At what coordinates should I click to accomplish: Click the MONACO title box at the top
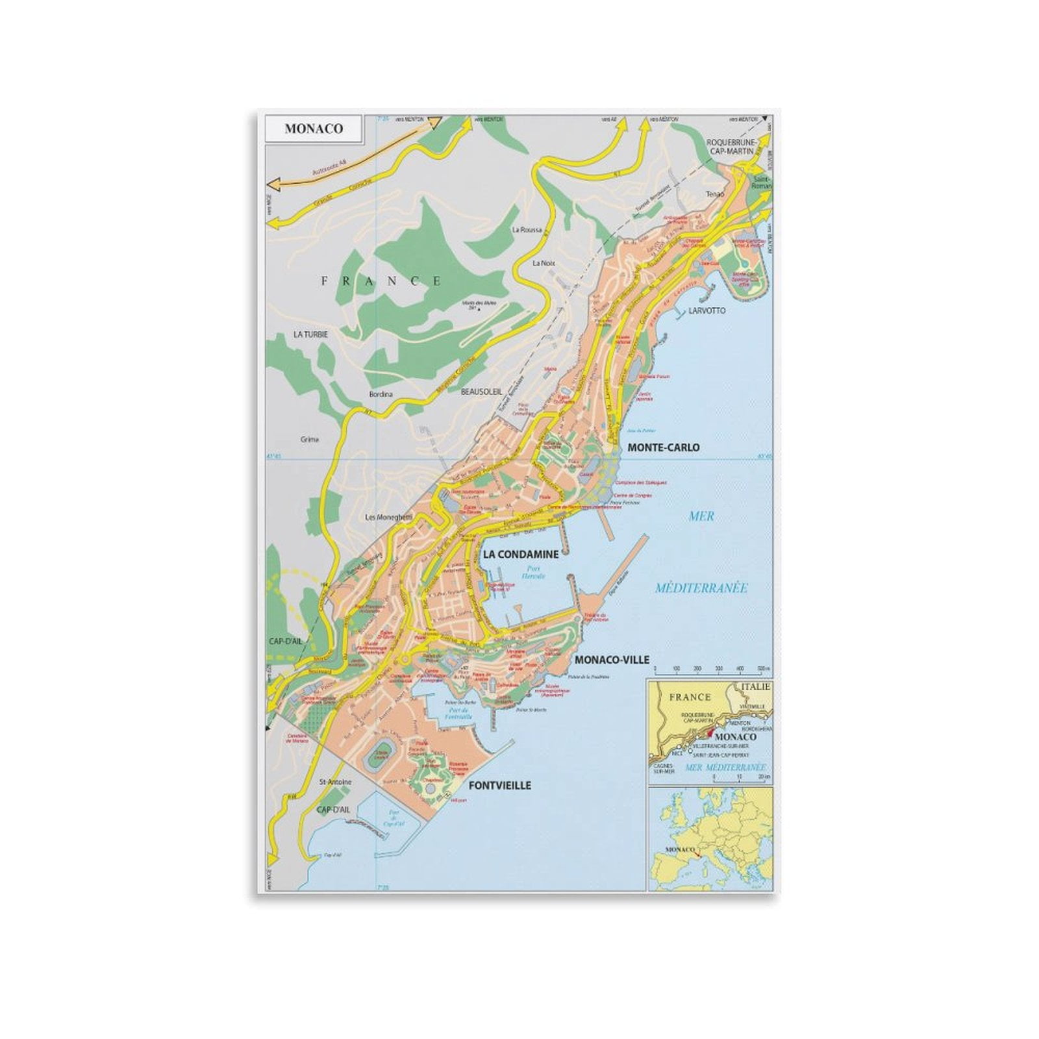(x=314, y=129)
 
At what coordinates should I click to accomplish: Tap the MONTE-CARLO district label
(x=663, y=447)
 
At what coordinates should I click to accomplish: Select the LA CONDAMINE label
(x=520, y=555)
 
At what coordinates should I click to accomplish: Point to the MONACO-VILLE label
(x=612, y=660)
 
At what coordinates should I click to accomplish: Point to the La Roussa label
(x=527, y=230)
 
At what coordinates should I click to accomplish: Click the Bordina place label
(x=381, y=394)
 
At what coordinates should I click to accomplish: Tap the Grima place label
(x=310, y=440)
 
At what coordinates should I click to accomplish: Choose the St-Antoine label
(x=336, y=782)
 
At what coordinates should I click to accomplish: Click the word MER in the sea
(x=701, y=516)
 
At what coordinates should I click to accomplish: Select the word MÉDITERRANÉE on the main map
(x=701, y=588)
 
